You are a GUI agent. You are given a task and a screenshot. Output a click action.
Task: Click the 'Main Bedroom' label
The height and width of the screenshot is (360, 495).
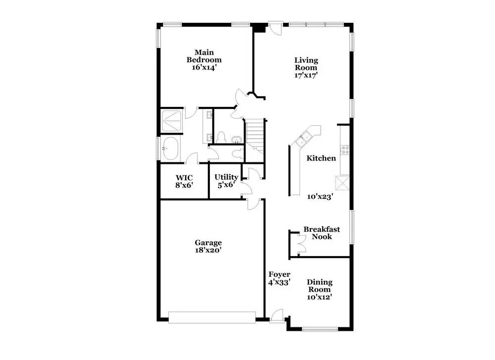pos(204,56)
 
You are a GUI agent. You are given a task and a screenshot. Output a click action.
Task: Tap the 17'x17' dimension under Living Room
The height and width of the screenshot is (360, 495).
pos(305,75)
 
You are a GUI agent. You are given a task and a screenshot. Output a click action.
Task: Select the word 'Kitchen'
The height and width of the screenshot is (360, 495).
pos(321,158)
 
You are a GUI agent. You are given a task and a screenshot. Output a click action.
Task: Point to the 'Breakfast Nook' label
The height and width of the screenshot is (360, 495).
pos(322,233)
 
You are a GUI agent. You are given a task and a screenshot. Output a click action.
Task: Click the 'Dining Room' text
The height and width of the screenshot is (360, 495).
pos(319,286)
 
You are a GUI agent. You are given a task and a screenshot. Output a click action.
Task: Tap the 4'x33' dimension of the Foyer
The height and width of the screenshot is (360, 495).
pos(279,283)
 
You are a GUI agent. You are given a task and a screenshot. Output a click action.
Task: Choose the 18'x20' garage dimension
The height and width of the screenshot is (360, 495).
pos(208,251)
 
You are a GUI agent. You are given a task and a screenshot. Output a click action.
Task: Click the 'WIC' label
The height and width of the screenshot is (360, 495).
pos(184,178)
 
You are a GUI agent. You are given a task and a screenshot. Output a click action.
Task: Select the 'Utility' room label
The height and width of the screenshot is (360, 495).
pos(226,177)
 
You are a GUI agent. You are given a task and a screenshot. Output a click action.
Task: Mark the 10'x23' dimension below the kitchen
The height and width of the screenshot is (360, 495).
pos(320,197)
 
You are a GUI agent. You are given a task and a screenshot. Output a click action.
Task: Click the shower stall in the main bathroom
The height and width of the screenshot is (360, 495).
pos(171,121)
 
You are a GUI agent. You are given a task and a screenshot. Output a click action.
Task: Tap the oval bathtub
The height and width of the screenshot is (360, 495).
pos(170,149)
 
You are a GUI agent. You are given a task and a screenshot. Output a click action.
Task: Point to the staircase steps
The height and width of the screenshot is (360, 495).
pos(255,136)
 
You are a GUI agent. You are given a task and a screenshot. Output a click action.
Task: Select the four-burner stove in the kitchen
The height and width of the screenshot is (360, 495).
pos(345,150)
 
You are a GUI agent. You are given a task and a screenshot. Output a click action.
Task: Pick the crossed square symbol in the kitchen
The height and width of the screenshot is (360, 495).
pos(342,183)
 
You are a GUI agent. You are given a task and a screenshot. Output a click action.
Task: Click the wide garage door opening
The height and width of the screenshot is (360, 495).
pos(212,317)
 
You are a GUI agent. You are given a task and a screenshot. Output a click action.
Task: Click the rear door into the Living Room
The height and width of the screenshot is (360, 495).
pos(275,28)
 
